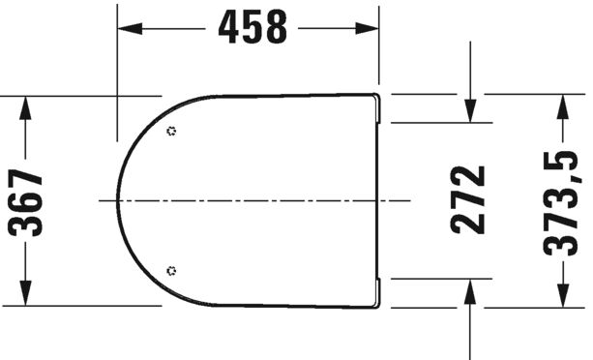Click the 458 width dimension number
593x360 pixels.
click(x=252, y=28)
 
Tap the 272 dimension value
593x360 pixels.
click(x=469, y=200)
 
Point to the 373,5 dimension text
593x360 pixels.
click(x=561, y=200)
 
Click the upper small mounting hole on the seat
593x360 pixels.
click(x=171, y=131)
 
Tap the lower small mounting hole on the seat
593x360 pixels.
click(x=171, y=270)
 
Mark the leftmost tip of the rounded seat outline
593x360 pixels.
click(x=119, y=200)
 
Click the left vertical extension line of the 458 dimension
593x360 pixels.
click(x=118, y=68)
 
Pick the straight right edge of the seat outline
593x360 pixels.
click(x=376, y=200)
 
